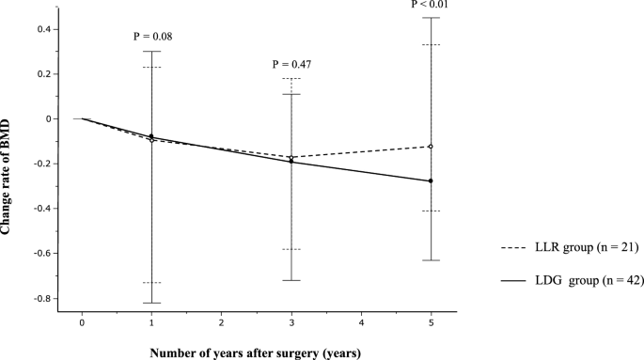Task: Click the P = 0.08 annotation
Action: [151, 37]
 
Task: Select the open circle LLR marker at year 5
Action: [431, 147]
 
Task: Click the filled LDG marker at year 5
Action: [431, 180]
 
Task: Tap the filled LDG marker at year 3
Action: [291, 161]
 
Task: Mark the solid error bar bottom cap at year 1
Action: [151, 303]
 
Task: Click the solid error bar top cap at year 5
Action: [431, 18]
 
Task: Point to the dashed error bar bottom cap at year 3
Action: [291, 249]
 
